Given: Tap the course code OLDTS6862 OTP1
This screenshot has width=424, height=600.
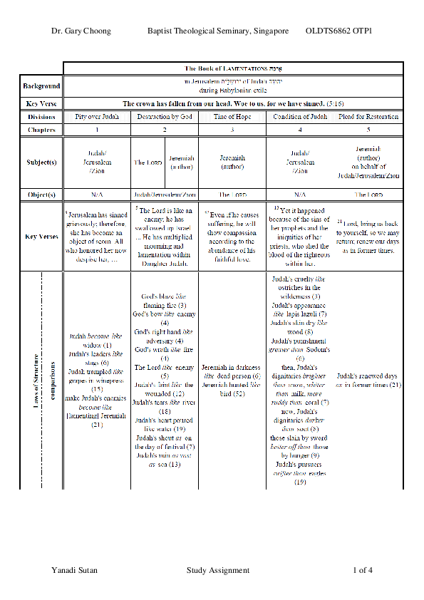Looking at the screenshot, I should tap(338, 32).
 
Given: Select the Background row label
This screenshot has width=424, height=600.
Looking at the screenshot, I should tap(41, 86).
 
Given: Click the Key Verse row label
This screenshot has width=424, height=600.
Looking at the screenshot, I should tap(41, 104).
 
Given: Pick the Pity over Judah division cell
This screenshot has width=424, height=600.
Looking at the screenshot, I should tap(97, 117).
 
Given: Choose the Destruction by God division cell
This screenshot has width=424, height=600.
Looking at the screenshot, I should tap(165, 117).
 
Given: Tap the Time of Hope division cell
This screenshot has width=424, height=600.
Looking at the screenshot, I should tap(232, 117).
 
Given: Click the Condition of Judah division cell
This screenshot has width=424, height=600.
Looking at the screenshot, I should tap(300, 117).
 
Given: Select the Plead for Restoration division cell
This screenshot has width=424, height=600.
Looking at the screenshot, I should tap(368, 117).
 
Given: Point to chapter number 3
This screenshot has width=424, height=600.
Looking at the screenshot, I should tap(232, 130).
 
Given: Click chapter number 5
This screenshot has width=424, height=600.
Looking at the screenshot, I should tap(368, 130).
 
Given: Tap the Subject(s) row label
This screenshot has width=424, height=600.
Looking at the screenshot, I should tap(41, 162).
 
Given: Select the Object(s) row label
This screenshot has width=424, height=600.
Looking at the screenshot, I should tap(41, 194).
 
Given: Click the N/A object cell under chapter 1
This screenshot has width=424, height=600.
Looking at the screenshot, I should tap(97, 194).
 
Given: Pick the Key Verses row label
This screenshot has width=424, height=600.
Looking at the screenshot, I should tap(41, 236).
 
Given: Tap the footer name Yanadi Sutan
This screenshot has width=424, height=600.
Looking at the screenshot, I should tap(75, 570).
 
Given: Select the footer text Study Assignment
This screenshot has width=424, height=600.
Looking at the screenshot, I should tap(218, 570).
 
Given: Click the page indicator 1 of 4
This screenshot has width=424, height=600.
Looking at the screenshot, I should tap(362, 570).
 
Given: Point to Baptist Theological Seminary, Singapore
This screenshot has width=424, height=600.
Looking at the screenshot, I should tap(218, 32).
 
